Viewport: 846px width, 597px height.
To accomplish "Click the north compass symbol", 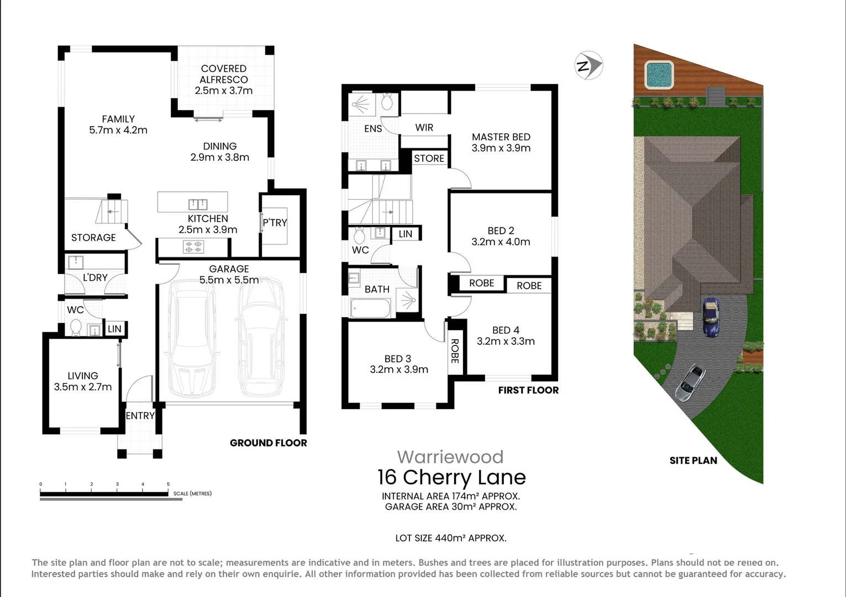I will click(588, 66).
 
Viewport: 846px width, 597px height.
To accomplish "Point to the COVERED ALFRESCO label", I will click(223, 74).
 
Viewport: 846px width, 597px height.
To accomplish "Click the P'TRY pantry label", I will click(275, 223).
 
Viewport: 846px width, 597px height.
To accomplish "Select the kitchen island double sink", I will click(198, 204).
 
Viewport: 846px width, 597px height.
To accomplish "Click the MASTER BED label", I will click(501, 137).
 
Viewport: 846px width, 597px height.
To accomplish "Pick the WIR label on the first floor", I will click(424, 128).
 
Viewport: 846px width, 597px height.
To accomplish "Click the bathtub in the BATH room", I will click(370, 308).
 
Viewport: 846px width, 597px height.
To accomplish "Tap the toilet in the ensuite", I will click(387, 102).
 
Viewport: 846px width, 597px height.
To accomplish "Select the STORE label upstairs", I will click(429, 159).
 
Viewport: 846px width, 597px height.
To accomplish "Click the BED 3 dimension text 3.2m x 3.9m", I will click(399, 370).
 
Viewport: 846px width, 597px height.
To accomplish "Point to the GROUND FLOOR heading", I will click(268, 443).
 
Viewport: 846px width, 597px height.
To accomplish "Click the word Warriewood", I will click(450, 457).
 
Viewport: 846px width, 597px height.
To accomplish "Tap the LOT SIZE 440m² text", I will click(450, 538).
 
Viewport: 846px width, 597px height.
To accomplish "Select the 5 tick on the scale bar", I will click(169, 484).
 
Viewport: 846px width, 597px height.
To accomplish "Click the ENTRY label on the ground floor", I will click(140, 416).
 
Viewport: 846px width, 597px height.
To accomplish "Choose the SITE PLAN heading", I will click(693, 460).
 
